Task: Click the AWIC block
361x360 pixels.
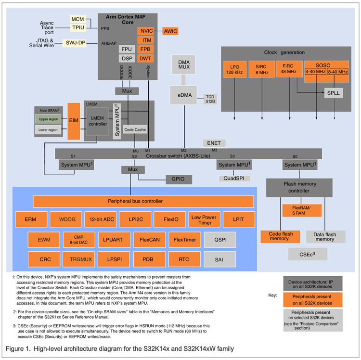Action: (x=170, y=31)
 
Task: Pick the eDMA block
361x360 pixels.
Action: (x=183, y=95)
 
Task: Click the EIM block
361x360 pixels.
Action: (x=74, y=121)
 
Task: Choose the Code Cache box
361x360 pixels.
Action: (x=135, y=129)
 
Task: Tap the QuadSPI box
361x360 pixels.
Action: (x=234, y=178)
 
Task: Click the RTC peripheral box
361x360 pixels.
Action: (x=183, y=259)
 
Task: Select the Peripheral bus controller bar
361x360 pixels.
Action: (x=143, y=201)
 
